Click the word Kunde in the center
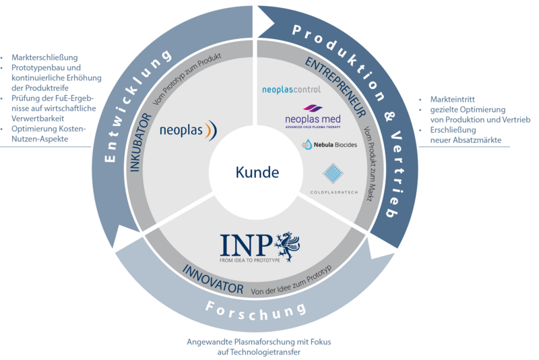pos(257,173)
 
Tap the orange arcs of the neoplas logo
pos(210,128)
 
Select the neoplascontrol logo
pos(291,89)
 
